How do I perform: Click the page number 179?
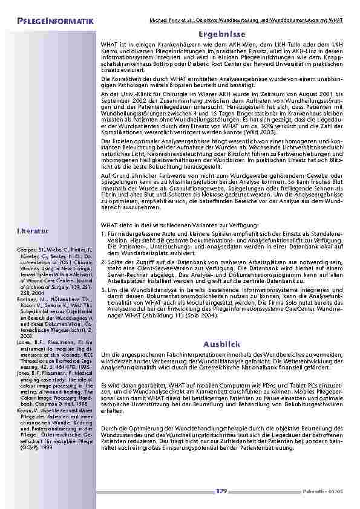coord(221,491)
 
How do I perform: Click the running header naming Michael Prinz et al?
coord(246,21)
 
